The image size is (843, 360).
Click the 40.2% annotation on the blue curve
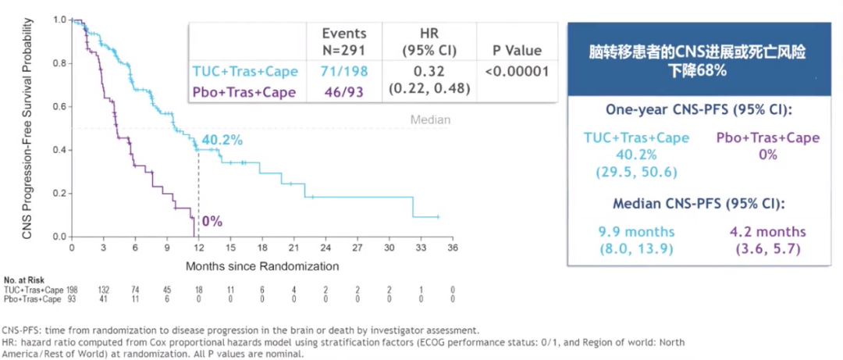(x=222, y=141)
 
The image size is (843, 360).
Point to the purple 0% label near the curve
(x=212, y=222)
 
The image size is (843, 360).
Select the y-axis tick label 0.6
(x=58, y=106)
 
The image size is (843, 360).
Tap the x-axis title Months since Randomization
(x=261, y=266)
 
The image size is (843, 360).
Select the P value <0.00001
(x=517, y=71)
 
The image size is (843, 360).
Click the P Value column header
(x=517, y=51)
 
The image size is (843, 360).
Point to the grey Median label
(x=431, y=120)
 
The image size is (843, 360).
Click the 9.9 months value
(x=637, y=232)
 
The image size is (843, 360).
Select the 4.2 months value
(x=767, y=232)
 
